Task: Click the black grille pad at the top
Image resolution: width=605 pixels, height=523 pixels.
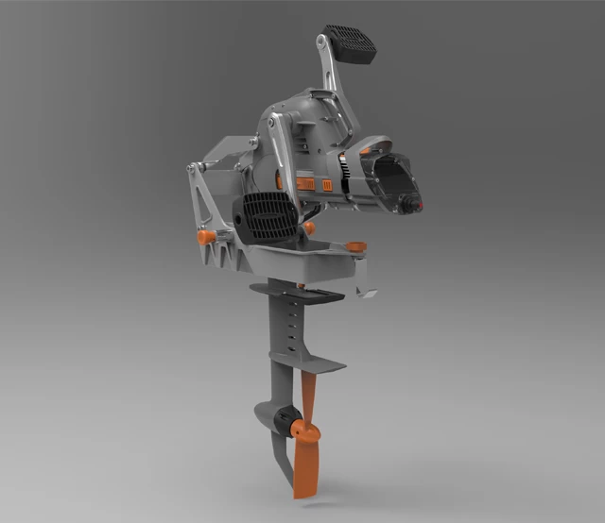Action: click(349, 42)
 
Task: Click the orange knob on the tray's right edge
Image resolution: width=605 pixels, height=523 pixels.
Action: click(356, 247)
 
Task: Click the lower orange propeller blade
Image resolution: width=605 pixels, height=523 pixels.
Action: click(304, 471)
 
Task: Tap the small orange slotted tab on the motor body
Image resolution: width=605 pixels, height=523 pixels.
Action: click(327, 186)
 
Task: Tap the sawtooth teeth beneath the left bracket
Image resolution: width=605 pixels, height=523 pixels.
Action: click(217, 255)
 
